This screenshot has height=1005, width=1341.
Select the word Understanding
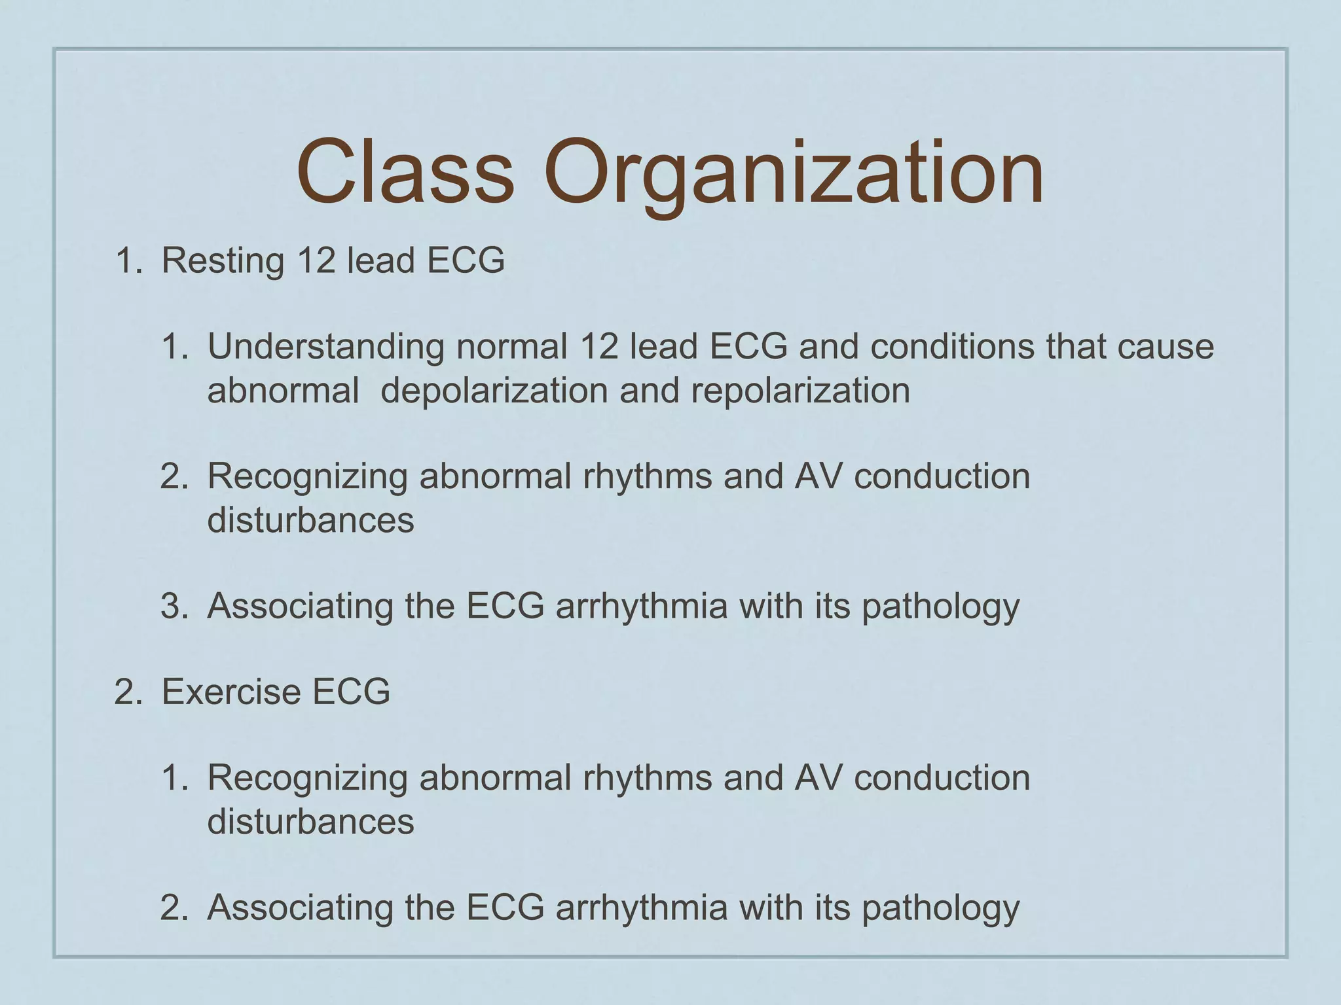pyautogui.click(x=325, y=347)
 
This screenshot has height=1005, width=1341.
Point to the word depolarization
pyautogui.click(x=494, y=391)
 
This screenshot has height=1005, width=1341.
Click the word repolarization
pyautogui.click(x=800, y=391)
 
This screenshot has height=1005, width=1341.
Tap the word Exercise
pyautogui.click(x=231, y=692)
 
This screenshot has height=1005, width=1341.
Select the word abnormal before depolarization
pyautogui.click(x=283, y=391)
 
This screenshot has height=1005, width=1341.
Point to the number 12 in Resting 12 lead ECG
pyautogui.click(x=316, y=260)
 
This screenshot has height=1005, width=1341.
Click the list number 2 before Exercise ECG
pyautogui.click(x=128, y=692)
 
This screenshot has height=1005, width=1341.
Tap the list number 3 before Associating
pyautogui.click(x=174, y=606)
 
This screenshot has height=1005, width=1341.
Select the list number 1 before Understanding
pyautogui.click(x=174, y=347)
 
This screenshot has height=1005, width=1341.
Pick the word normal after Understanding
pyautogui.click(x=511, y=347)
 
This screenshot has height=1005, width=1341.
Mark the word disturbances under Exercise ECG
pyautogui.click(x=310, y=821)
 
